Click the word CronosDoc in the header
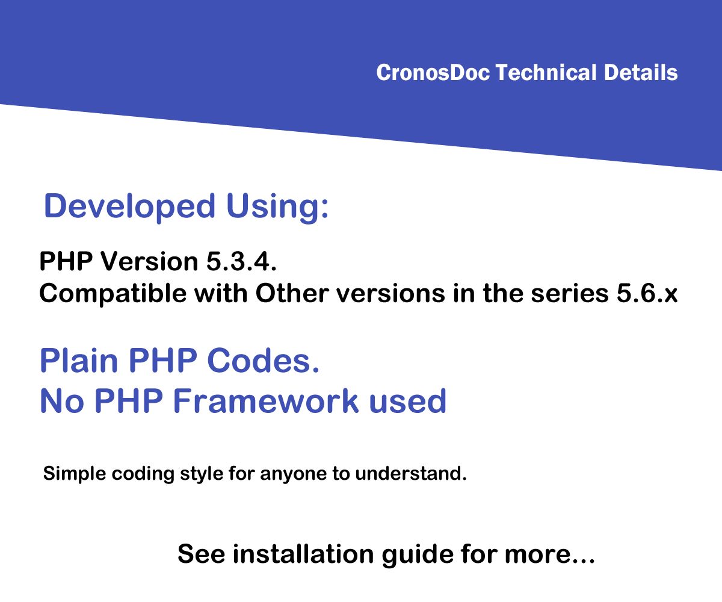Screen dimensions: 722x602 point(433,73)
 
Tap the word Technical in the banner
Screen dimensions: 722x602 point(546,72)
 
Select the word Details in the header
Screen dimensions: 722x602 point(641,72)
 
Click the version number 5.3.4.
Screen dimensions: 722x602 point(241,261)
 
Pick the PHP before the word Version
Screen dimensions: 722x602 point(66,261)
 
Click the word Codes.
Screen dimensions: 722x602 point(263,361)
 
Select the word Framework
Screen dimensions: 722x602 point(266,401)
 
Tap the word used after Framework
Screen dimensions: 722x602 point(408,401)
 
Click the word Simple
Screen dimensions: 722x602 point(75,474)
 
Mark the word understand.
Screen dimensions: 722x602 point(411,474)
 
